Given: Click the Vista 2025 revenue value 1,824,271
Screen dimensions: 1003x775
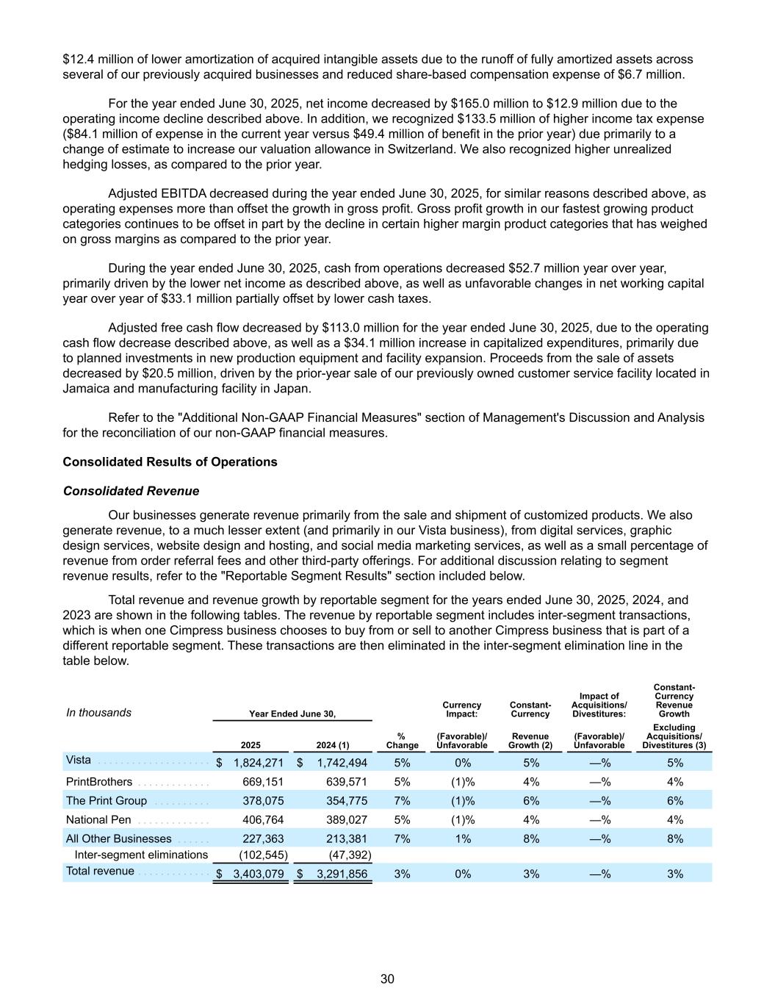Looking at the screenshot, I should (258, 763).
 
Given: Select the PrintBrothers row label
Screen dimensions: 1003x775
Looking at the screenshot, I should (99, 782).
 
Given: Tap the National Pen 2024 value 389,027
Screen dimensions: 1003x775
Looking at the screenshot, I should (346, 820).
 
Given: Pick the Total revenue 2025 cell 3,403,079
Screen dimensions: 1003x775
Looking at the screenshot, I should (258, 874).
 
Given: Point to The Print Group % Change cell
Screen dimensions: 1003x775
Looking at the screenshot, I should (402, 801).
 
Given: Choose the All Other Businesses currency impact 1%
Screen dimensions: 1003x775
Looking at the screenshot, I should (463, 839).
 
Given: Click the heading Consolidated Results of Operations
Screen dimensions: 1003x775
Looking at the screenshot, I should (170, 462).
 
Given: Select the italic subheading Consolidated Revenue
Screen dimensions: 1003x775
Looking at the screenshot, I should (131, 491).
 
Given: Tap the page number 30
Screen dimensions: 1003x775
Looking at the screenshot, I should (387, 979).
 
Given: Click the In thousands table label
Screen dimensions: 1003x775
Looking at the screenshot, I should (99, 713).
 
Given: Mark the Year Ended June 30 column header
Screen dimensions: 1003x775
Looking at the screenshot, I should (292, 713).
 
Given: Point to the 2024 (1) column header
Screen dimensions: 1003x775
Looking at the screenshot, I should (332, 745).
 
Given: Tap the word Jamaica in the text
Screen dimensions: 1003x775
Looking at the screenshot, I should (85, 388).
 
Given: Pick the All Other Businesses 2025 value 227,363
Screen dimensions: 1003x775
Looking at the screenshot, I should (263, 839).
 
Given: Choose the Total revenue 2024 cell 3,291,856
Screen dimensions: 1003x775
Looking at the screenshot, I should (342, 874).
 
